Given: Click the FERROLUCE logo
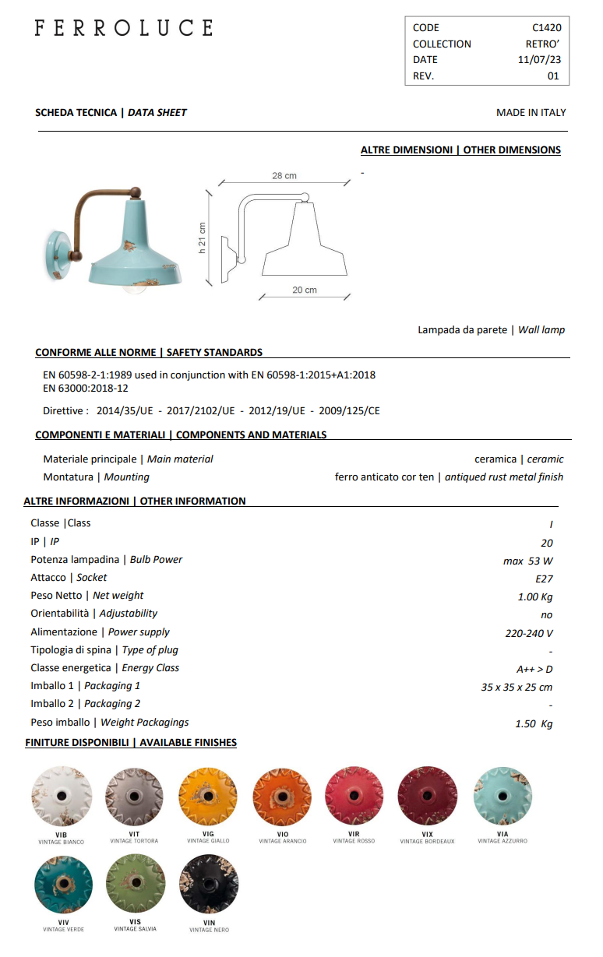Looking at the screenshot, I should tap(123, 28).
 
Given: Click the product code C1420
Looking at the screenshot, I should tap(546, 27).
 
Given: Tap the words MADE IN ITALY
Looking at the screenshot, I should tap(531, 112).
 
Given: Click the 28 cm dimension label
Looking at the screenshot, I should tap(284, 176).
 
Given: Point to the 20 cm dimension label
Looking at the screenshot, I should tap(305, 290).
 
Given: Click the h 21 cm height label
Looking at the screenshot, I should tap(202, 237).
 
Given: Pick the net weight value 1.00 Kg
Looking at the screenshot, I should tap(535, 596).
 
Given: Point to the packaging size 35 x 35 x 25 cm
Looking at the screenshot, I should tap(517, 687).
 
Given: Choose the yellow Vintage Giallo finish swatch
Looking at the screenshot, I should tap(208, 796).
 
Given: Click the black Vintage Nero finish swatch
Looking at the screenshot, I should tap(209, 885).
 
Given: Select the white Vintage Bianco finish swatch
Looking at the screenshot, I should tap(62, 796).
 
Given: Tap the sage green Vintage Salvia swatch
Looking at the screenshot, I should tap(136, 885).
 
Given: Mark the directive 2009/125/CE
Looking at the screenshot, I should tap(350, 410).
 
